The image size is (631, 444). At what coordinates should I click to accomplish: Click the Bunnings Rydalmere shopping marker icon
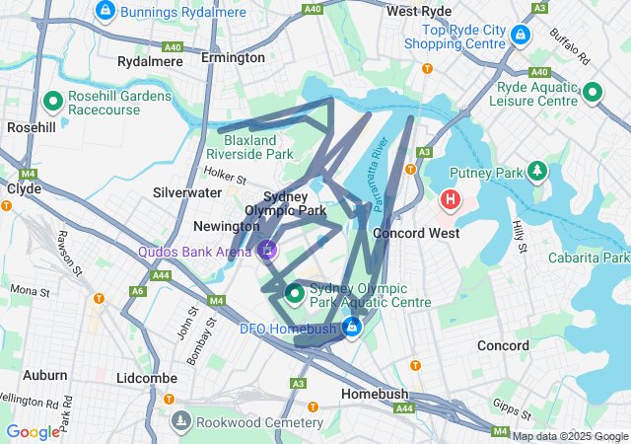pyautogui.click(x=105, y=10)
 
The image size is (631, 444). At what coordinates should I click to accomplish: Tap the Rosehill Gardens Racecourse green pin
pyautogui.click(x=53, y=101)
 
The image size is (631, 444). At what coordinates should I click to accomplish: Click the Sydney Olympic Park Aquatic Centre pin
pyautogui.click(x=295, y=293)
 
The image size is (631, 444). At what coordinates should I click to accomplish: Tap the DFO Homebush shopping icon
pyautogui.click(x=351, y=328)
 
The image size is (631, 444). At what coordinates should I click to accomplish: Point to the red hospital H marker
pyautogui.click(x=451, y=201)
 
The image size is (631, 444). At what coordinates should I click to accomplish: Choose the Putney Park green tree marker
pyautogui.click(x=536, y=172)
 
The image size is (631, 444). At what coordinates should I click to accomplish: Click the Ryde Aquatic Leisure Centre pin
pyautogui.click(x=592, y=93)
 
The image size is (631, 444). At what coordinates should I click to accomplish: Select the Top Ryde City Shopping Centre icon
pyautogui.click(x=521, y=36)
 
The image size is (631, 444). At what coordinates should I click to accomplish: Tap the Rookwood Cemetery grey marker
pyautogui.click(x=180, y=422)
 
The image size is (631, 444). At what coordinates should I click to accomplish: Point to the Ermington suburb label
pyautogui.click(x=233, y=58)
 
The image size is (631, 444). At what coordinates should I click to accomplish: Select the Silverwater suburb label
pyautogui.click(x=187, y=193)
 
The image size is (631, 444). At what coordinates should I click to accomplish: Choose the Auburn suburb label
pyautogui.click(x=45, y=375)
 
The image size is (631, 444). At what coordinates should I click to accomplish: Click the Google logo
pyautogui.click(x=33, y=432)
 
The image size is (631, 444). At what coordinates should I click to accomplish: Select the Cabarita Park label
pyautogui.click(x=593, y=257)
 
